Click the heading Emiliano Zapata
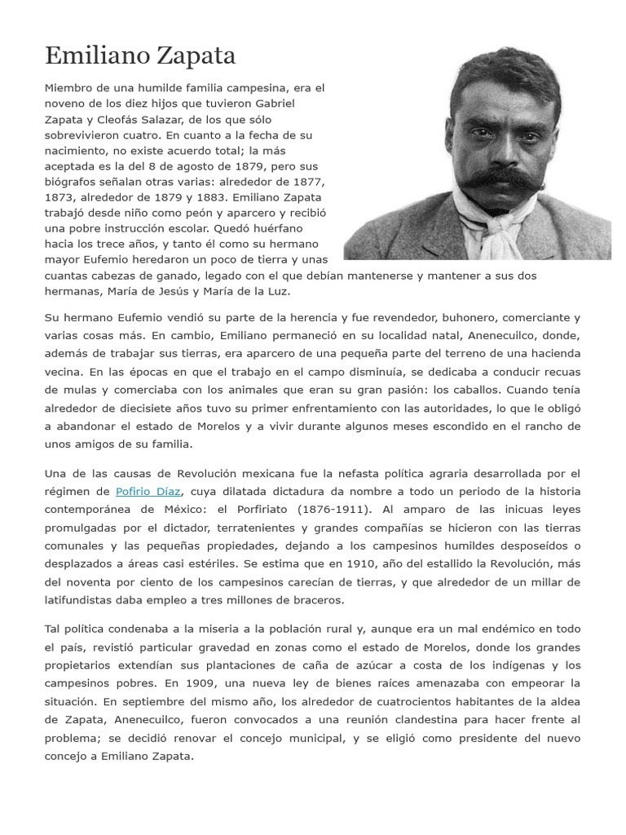tap(140, 55)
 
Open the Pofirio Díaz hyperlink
tap(148, 492)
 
